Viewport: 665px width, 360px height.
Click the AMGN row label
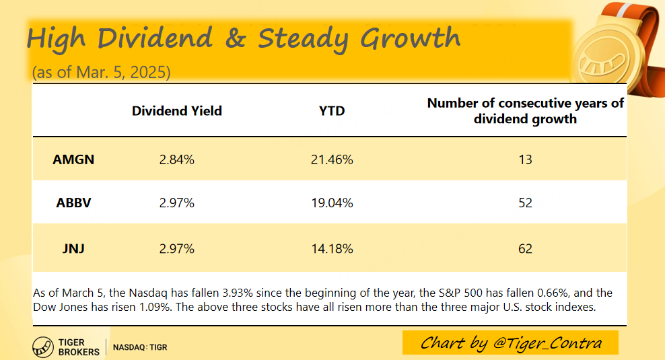coord(73,159)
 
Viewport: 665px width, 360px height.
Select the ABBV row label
coord(73,203)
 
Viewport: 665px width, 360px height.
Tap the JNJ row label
coord(73,248)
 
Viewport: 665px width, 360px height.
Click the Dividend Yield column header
coord(177,111)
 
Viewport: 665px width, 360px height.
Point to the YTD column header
coord(332,111)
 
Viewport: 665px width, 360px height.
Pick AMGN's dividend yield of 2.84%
coord(177,159)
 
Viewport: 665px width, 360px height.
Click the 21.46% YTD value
coord(332,159)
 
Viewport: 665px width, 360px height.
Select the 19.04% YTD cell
coord(332,203)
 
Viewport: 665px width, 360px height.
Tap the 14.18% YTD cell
coord(332,248)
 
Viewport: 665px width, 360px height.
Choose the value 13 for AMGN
coord(525,159)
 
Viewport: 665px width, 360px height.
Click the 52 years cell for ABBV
coord(525,203)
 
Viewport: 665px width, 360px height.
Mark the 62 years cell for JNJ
coord(525,248)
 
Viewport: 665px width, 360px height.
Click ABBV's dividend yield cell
coord(177,203)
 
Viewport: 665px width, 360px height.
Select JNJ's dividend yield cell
coord(177,248)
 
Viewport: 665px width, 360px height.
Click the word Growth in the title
coord(411,39)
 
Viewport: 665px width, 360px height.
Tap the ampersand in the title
coord(236,38)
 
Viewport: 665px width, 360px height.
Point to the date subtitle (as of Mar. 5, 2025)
coord(102,72)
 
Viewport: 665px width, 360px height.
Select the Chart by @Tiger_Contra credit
coord(510,343)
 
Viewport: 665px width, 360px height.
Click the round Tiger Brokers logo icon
coord(43,347)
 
